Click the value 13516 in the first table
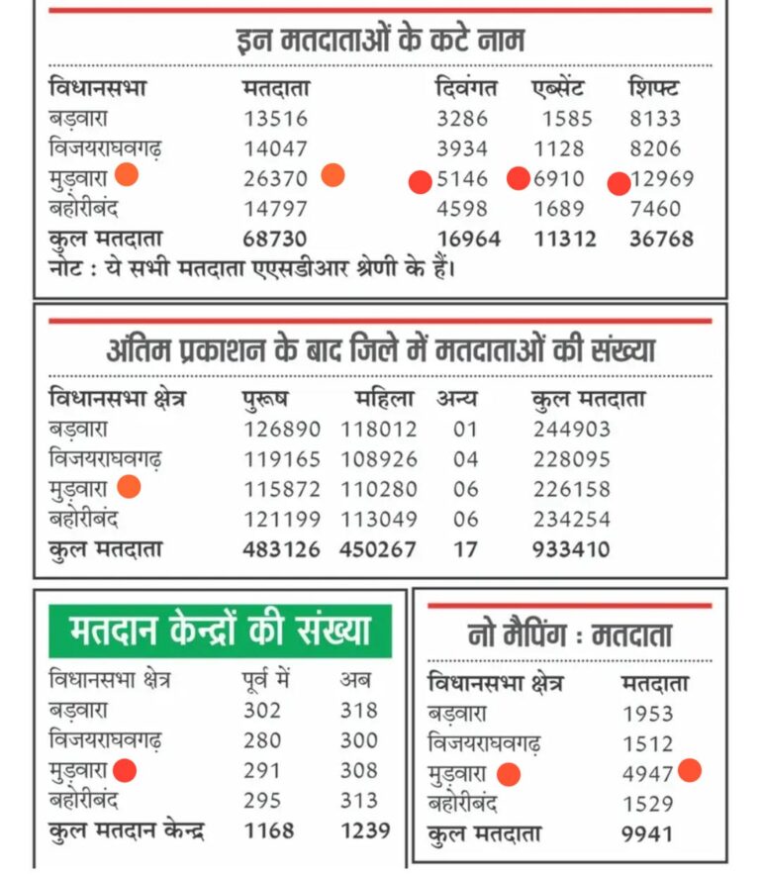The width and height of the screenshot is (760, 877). (275, 119)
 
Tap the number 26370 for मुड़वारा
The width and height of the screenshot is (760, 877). (275, 179)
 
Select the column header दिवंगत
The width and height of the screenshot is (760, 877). (468, 88)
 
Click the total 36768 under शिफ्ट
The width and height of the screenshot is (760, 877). (661, 239)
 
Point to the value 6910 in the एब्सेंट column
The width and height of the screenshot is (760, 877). (559, 179)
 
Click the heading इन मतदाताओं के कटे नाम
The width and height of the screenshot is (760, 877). (381, 41)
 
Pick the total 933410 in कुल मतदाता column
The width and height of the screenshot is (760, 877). (571, 548)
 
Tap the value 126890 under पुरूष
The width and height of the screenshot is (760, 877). (282, 430)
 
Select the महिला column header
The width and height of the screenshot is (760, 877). (386, 399)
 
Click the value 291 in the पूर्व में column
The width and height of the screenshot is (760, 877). (262, 770)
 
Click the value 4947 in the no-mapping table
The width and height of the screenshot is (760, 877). (648, 774)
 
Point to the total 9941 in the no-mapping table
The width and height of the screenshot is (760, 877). (647, 833)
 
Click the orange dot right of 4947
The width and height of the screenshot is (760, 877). (690, 770)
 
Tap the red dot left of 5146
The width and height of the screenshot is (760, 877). (420, 181)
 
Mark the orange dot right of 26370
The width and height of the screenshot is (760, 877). (332, 176)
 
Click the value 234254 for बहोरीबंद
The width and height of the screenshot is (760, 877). (571, 519)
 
